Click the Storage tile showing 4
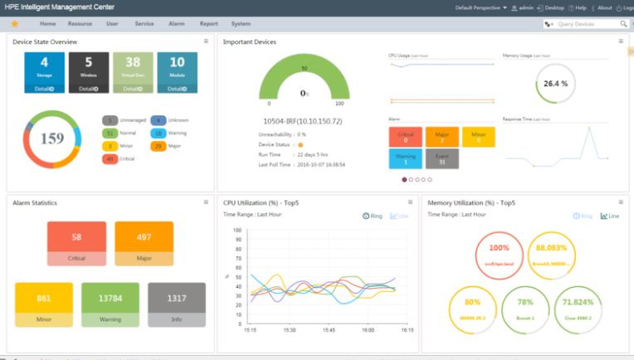coord(44,71)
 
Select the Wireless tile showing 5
coord(89,71)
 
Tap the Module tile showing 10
coord(177,71)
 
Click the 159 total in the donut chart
coord(51,139)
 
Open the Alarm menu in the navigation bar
coord(176,24)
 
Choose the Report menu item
coord(208,24)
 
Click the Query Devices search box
coord(588,24)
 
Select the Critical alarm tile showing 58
coord(76,242)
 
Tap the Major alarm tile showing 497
coord(144,242)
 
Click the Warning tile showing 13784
coord(110,304)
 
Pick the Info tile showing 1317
coord(177,304)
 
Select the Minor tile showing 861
coord(43,304)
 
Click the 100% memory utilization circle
coord(500,253)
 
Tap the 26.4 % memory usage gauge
coord(555,85)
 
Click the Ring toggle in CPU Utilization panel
coord(373,216)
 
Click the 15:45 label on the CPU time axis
coord(329,330)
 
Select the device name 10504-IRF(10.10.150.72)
coord(302,121)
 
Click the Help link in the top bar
coord(578,7)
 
